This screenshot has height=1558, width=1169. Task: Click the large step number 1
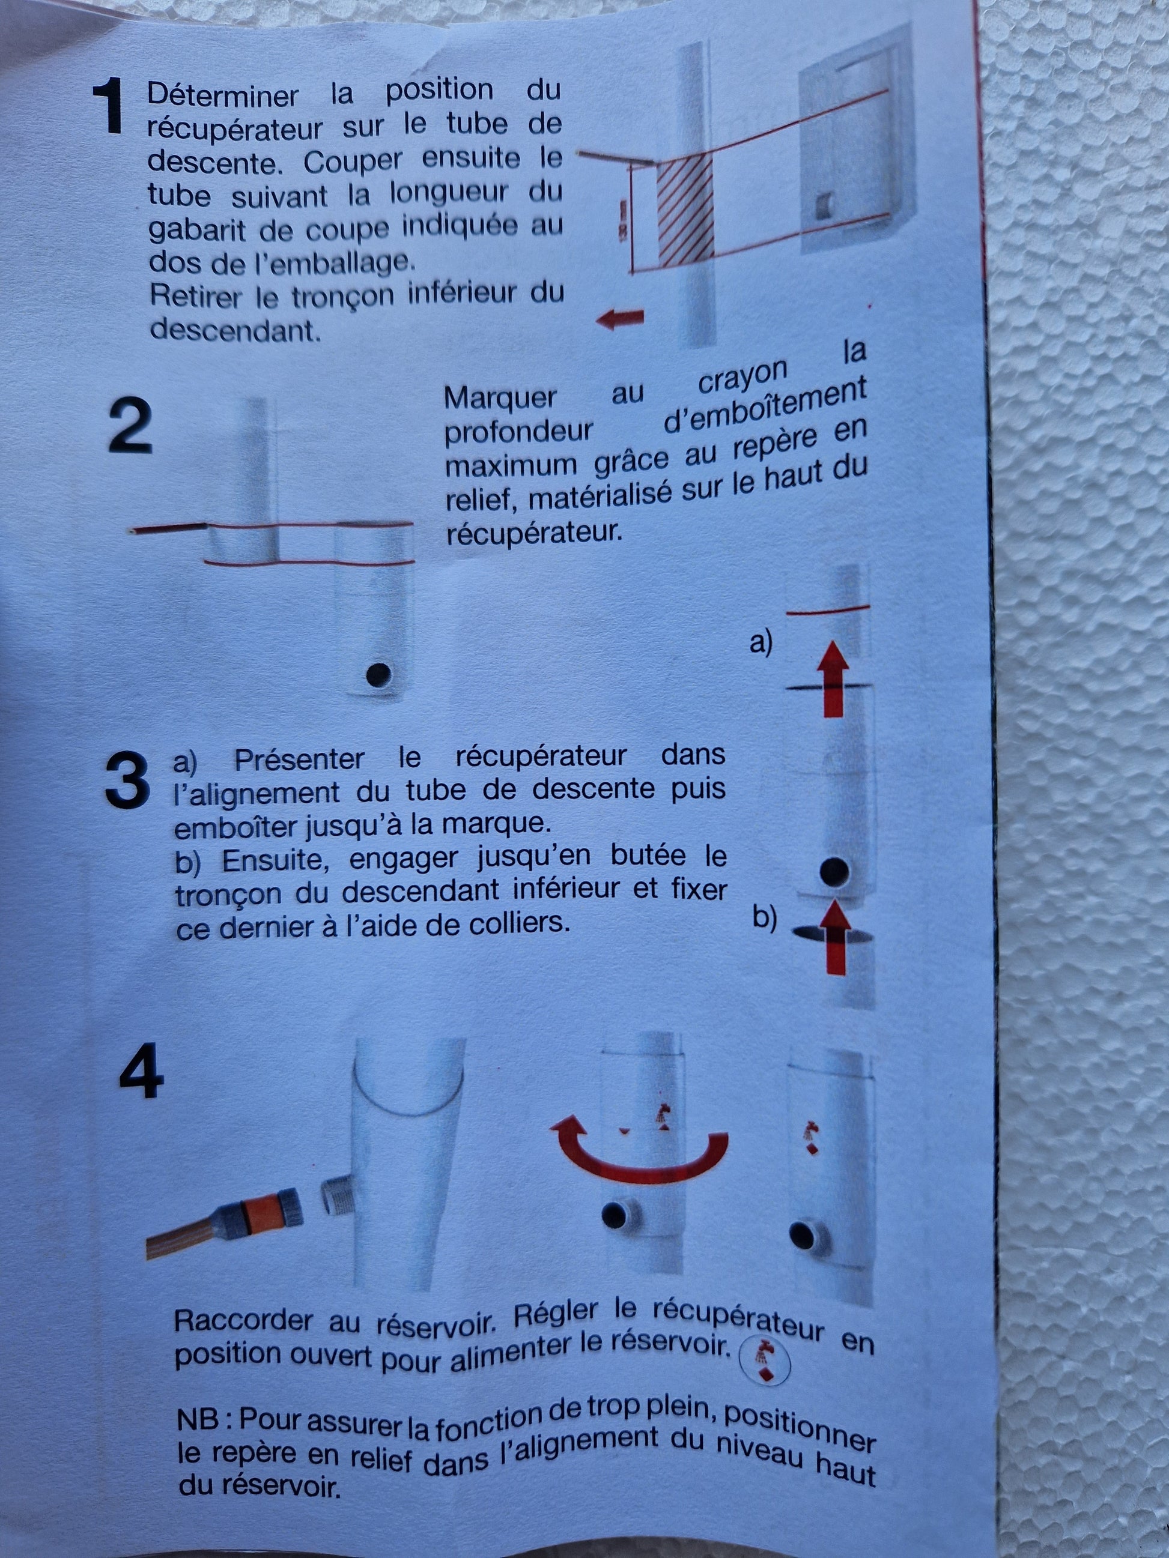pos(109,106)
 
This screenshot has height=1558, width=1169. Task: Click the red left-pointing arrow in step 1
pos(620,319)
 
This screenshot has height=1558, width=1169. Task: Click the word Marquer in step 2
pos(500,398)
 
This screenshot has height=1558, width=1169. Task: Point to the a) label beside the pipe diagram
pos(761,642)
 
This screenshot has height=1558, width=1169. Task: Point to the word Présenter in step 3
pos(299,758)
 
